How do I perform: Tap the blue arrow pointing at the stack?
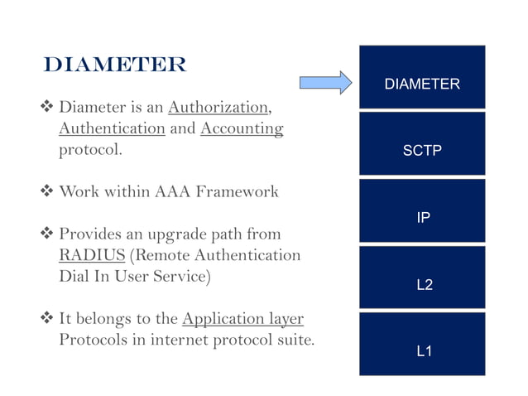coord(325,82)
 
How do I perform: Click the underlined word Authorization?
coord(218,108)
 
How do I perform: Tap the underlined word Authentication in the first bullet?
coord(112,129)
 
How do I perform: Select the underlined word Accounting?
coord(242,129)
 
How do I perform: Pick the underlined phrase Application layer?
coord(242,319)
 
